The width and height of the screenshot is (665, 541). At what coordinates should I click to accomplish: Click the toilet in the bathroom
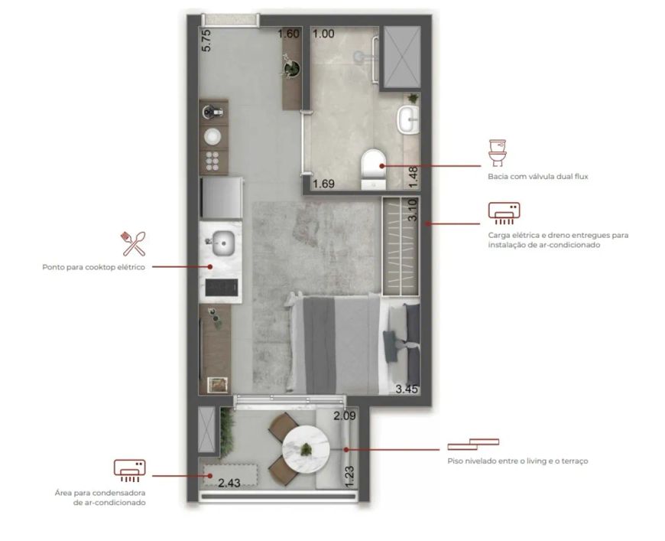pos(373,169)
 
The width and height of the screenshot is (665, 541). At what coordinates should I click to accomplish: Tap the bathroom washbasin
pos(408,119)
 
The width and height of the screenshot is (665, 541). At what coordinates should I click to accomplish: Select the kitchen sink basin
pos(223,243)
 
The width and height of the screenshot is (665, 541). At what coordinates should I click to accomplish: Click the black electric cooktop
pos(222,287)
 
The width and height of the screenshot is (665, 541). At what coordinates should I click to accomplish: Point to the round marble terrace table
pos(307,448)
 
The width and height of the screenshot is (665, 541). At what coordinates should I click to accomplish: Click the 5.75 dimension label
pos(206,41)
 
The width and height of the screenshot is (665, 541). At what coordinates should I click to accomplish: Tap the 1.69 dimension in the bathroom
pos(323,184)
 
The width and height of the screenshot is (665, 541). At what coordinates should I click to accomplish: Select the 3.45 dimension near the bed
pos(407,389)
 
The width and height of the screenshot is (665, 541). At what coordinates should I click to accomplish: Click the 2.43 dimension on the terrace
pos(229,483)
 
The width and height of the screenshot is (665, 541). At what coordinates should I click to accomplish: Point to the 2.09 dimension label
pos(345,416)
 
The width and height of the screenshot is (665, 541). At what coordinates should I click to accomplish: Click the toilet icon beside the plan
pos(498,153)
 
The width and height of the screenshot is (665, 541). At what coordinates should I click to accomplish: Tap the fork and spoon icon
pos(134,244)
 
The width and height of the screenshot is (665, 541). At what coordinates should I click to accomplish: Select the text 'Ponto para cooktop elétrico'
pos(94,267)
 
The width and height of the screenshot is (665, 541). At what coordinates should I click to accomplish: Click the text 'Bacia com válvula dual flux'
pos(538,176)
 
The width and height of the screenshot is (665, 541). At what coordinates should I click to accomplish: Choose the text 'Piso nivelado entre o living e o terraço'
pos(517,461)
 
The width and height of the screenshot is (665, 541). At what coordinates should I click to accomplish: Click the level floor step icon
pos(473,444)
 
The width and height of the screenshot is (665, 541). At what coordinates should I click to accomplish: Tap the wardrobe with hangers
pos(401,246)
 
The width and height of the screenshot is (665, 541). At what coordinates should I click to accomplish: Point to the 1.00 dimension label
pos(323,34)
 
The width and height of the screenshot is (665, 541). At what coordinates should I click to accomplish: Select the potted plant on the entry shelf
pos(292,67)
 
